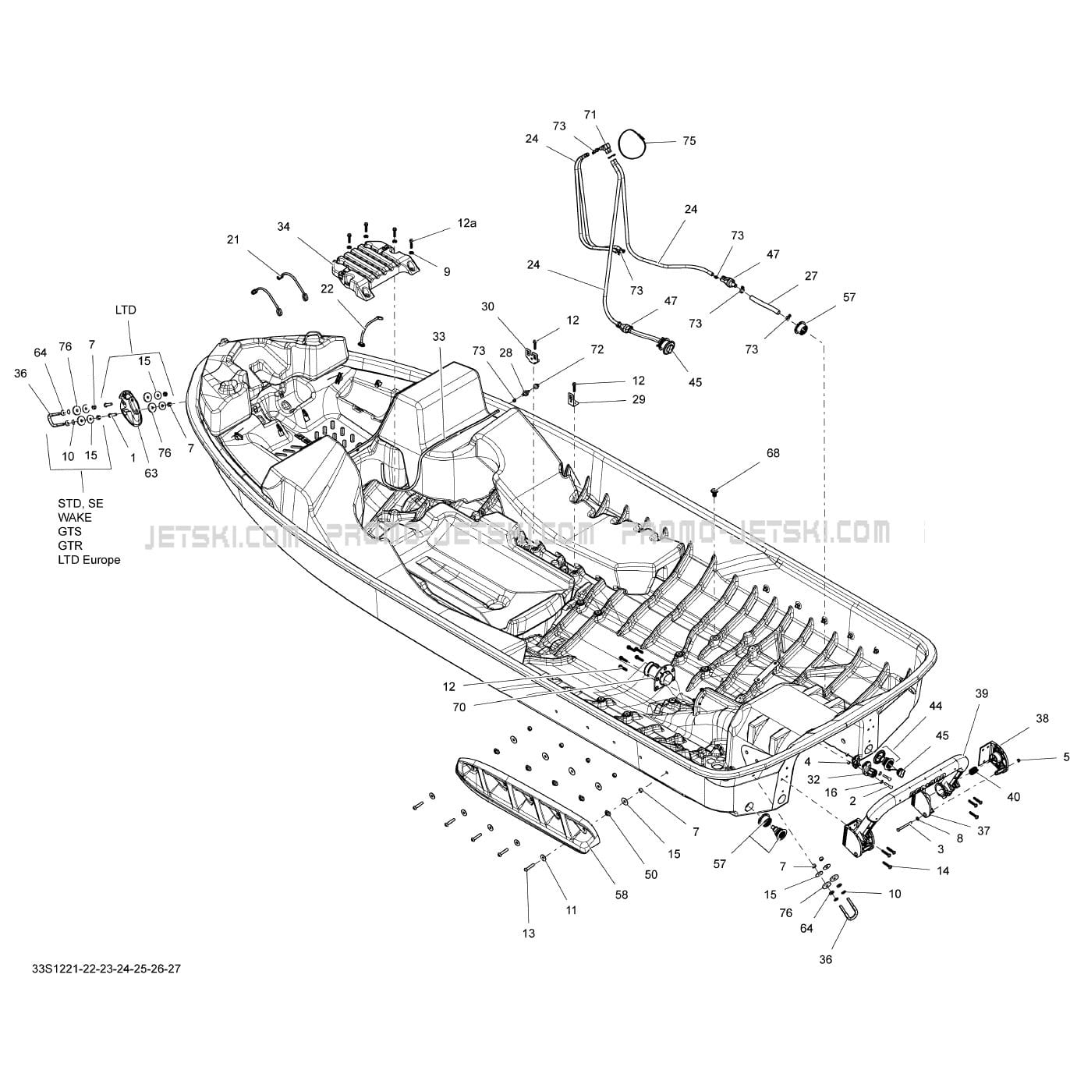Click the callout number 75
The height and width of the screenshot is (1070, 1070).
tap(689, 141)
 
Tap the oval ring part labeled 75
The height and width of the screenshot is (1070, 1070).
tap(634, 143)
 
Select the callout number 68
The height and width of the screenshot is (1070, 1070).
tap(773, 453)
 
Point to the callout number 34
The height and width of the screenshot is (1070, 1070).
tap(283, 227)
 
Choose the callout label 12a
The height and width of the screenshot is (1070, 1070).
tap(466, 223)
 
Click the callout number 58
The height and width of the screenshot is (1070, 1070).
tap(622, 895)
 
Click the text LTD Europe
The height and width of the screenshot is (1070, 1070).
tap(89, 560)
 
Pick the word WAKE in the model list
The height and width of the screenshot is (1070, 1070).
tap(74, 518)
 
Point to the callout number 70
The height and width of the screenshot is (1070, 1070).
tap(459, 707)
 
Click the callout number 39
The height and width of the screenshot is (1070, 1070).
tap(982, 693)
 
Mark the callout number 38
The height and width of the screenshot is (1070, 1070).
tap(1042, 719)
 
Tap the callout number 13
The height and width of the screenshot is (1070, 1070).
tap(529, 934)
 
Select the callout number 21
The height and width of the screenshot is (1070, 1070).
tap(233, 240)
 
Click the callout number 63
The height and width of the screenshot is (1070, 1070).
tap(151, 473)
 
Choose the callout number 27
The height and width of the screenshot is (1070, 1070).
tap(811, 276)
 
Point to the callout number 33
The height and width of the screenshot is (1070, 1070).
tap(439, 337)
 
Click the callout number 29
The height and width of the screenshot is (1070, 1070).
tap(639, 399)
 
